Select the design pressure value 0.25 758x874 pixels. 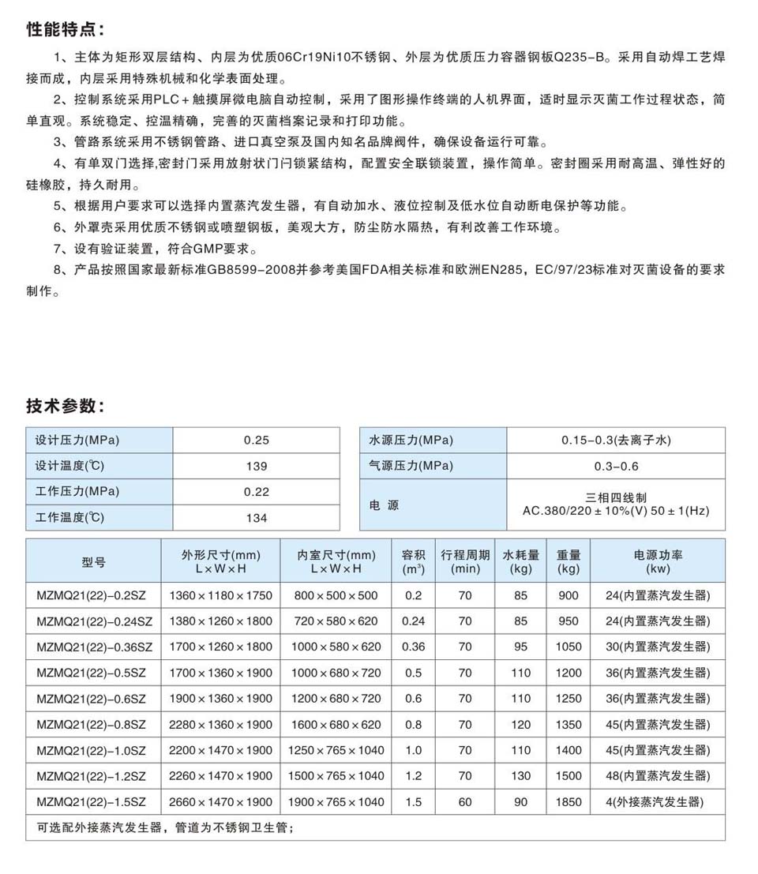256,441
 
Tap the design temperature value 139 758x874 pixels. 256,466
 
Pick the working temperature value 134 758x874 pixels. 256,518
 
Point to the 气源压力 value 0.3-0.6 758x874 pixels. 616,466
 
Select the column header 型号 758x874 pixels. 93,561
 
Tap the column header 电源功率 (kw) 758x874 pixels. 658,561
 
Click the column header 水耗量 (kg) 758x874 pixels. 520,561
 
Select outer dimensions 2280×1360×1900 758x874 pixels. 221,725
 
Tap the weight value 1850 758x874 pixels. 568,802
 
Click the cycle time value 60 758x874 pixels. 465,802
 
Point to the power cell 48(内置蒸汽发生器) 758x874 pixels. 658,776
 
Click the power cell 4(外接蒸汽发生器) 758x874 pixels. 658,802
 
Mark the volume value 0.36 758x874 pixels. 413,647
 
